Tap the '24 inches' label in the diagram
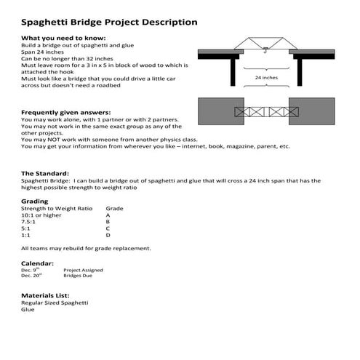[266, 76]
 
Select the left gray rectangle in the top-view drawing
[217, 112]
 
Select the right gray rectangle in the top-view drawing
[311, 111]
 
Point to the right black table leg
[300, 72]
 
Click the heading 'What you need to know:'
[64, 37]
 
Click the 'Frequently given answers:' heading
[66, 113]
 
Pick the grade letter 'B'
[108, 222]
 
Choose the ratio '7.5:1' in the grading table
[31, 222]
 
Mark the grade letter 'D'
[108, 235]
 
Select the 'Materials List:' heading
[45, 295]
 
